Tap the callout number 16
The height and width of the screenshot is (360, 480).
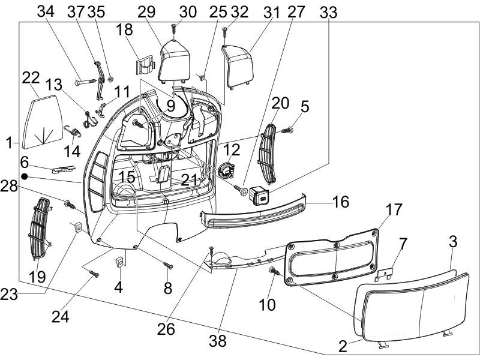(340, 202)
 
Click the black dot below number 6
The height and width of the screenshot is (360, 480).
(25, 176)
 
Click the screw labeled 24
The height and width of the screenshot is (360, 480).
(94, 274)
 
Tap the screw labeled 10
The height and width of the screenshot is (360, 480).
(275, 272)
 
